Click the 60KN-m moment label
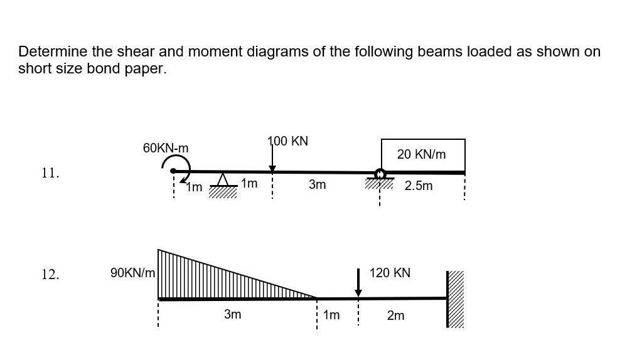tap(166, 148)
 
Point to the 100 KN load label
tap(288, 141)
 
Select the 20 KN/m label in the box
tap(422, 154)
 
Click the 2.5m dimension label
tap(419, 186)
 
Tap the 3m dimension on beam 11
tap(318, 184)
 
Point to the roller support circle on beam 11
tap(380, 174)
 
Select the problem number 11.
tap(50, 173)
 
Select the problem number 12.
tap(50, 274)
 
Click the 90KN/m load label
tap(132, 273)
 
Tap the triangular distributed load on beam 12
tap(207, 279)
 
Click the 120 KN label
tap(390, 273)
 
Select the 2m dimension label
tap(395, 315)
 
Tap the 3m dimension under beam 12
tap(232, 314)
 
